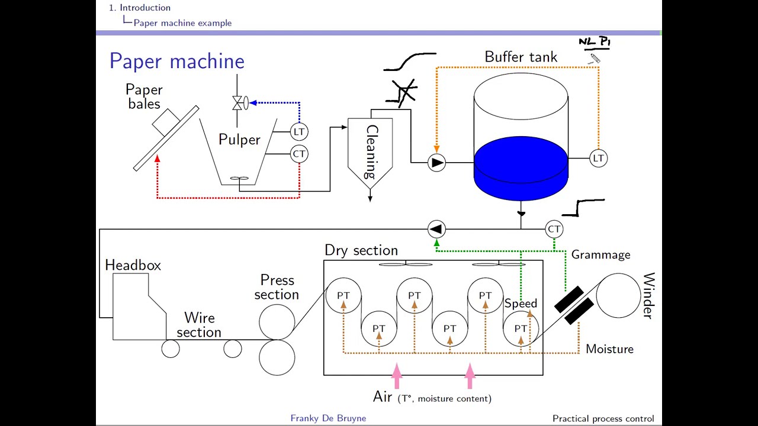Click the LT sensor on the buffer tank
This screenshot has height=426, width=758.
pos(598,158)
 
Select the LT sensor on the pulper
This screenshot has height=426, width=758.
pos(299,131)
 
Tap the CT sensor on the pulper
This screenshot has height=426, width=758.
pos(299,154)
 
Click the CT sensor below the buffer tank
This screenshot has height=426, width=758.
pos(554,229)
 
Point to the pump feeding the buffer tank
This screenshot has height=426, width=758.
pos(436,162)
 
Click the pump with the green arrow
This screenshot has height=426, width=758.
pos(436,229)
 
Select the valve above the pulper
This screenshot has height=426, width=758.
pos(239,103)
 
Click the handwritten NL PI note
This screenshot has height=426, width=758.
pos(594,43)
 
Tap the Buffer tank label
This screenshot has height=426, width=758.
pos(521,57)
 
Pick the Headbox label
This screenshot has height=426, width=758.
pos(133,265)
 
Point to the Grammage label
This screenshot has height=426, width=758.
pos(600,254)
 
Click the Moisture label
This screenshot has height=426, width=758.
pos(609,349)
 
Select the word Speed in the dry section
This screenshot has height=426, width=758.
pos(521,304)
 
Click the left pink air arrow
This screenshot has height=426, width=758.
pos(396,376)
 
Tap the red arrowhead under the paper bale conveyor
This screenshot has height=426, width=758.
pos(157,158)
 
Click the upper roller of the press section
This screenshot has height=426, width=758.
pos(277,322)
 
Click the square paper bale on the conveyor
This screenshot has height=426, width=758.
pos(166,122)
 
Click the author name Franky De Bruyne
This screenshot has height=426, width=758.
pos(328,418)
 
